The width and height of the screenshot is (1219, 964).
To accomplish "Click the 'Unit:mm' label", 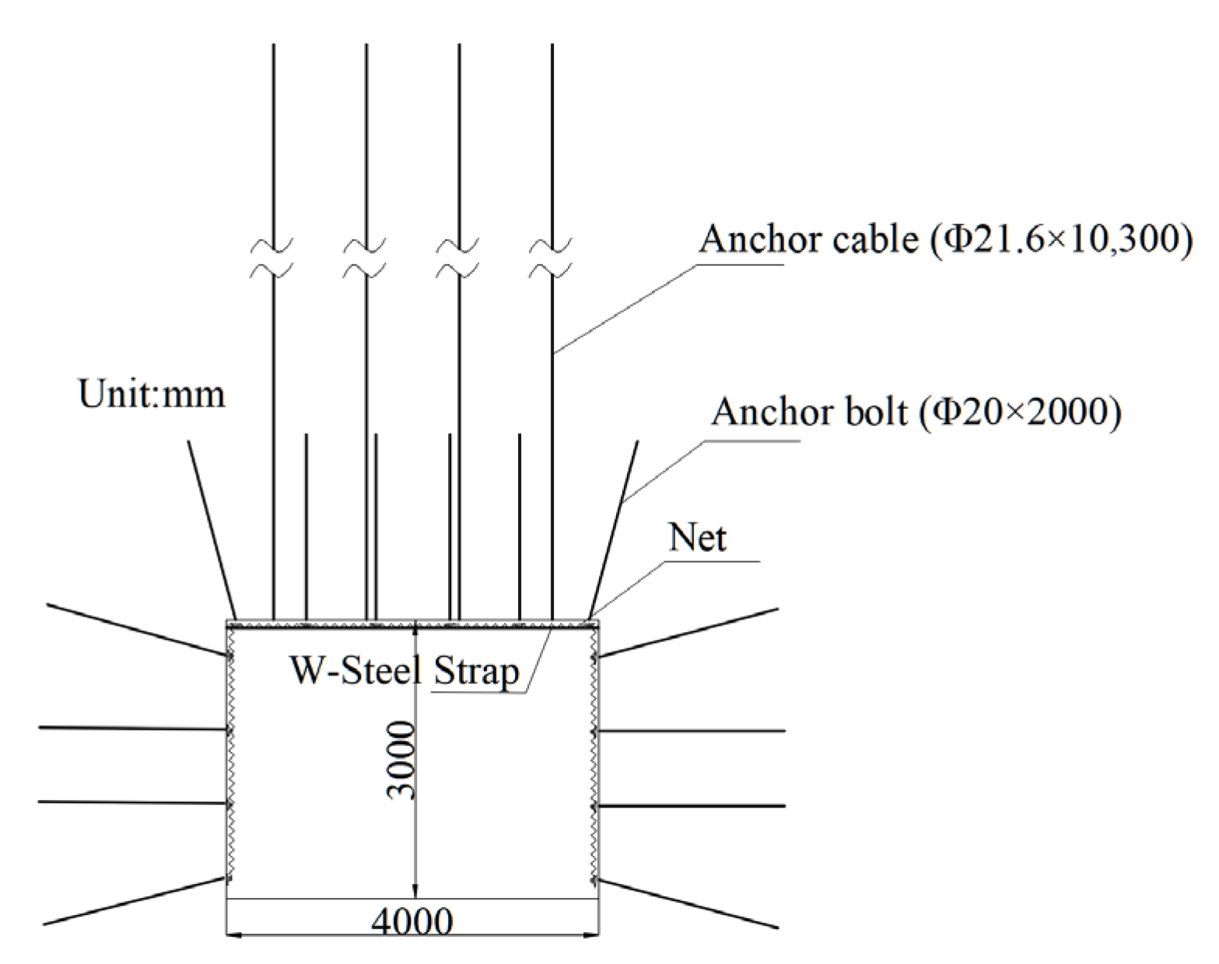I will (x=152, y=394).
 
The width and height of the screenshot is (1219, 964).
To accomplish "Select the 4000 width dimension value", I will (x=412, y=922).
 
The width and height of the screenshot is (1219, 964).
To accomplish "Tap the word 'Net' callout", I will (x=697, y=538).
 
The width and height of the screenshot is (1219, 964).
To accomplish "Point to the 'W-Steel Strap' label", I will (x=404, y=669).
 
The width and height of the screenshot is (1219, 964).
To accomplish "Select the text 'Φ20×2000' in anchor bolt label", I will (x=1020, y=412).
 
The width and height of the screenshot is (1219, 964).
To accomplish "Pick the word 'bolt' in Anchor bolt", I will (x=873, y=412).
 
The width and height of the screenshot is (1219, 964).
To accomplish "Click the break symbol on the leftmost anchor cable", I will (x=273, y=259).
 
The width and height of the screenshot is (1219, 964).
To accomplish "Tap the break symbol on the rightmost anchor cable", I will (x=552, y=259).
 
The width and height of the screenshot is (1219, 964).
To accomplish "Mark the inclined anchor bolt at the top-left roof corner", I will (x=212, y=529).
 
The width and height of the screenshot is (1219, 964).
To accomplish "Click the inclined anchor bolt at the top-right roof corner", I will (x=615, y=529).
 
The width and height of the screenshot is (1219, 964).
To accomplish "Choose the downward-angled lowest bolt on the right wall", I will (x=688, y=903).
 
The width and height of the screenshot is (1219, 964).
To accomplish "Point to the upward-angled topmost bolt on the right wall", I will (x=688, y=633).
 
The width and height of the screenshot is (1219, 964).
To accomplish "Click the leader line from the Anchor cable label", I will (x=630, y=307).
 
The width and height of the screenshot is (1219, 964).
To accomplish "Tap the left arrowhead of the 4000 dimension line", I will (x=233, y=932).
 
